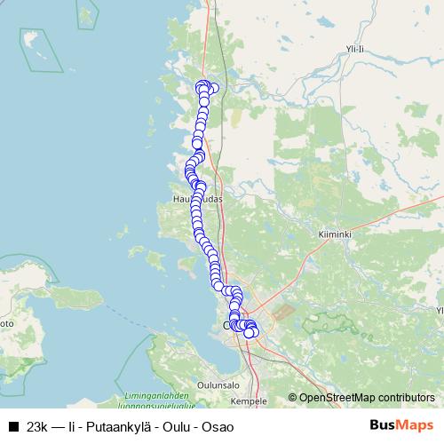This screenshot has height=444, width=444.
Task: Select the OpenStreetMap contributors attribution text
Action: [366, 397]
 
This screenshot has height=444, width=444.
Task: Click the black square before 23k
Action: [14, 426]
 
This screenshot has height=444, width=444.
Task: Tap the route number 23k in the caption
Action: [38, 426]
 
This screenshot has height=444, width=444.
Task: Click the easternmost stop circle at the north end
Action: [213, 87]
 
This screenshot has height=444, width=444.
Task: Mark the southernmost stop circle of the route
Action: [250, 334]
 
